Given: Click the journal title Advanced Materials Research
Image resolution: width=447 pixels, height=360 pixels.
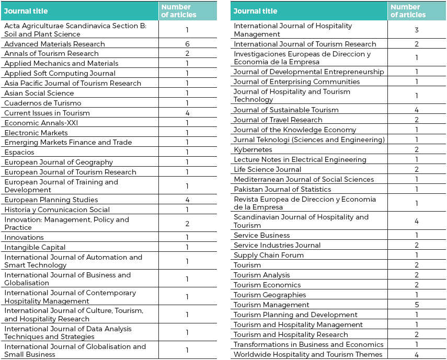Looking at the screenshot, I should click(54, 44).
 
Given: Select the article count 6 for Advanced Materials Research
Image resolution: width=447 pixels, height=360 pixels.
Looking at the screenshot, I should click(187, 44).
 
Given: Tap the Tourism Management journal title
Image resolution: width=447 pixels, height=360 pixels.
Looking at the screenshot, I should click(271, 305).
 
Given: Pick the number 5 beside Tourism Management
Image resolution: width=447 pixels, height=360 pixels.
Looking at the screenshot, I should click(417, 305).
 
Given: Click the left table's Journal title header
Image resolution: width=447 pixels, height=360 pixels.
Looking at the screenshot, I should click(26, 11).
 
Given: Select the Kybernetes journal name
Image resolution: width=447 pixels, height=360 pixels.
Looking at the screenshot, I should click(253, 149).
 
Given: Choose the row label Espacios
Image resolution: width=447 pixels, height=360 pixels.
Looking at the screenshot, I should click(19, 152).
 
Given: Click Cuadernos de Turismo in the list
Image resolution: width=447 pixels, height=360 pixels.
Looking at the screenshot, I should click(43, 103).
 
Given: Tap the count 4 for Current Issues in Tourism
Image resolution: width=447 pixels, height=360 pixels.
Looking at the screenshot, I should click(187, 113).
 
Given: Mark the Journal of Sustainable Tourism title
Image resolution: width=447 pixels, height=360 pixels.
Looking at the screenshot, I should click(286, 110).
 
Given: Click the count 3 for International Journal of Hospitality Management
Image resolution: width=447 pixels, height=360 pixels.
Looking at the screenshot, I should click(417, 30).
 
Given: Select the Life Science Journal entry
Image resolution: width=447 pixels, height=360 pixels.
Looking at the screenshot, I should click(267, 169).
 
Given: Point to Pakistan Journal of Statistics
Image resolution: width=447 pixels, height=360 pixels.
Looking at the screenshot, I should click(282, 189).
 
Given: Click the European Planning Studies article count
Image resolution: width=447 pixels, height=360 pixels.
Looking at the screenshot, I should click(187, 200).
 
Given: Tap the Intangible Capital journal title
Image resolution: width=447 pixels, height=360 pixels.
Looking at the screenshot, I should click(35, 247).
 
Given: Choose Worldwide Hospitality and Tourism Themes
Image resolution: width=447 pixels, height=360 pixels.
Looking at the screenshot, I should click(308, 355).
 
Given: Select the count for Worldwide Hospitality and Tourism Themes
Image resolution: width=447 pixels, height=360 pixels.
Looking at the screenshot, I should click(417, 355).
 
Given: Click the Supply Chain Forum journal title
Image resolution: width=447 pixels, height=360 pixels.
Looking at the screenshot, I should click(269, 255).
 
